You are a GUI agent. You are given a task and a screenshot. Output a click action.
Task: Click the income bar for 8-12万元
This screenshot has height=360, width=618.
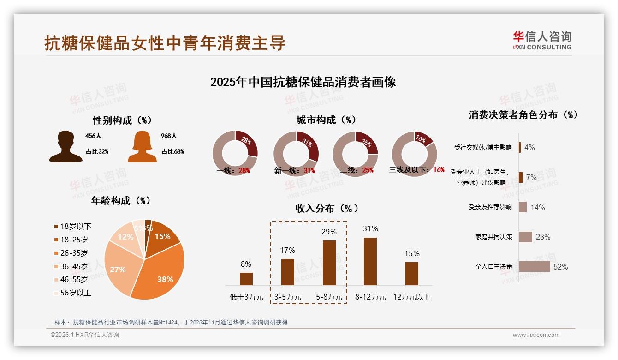pyautogui.click(x=370, y=261)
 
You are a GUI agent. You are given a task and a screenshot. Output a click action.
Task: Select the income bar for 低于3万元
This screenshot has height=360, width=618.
pyautogui.click(x=246, y=279)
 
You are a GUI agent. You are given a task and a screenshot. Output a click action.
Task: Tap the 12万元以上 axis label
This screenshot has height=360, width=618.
pyautogui.click(x=411, y=297)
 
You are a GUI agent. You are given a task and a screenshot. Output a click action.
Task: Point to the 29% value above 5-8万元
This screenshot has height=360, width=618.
pyautogui.click(x=329, y=232)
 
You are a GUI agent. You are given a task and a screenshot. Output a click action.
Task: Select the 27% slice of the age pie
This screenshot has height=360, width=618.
pyautogui.click(x=118, y=270)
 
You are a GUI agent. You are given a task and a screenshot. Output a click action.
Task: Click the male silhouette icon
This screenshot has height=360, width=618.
pyautogui.click(x=65, y=147)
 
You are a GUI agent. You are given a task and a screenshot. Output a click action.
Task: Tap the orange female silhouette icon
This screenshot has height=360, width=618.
pyautogui.click(x=142, y=147)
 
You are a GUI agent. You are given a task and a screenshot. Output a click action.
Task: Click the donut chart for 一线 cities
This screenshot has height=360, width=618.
pyautogui.click(x=235, y=153)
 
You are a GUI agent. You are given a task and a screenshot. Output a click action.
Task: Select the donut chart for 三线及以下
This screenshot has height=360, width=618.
pyautogui.click(x=414, y=153)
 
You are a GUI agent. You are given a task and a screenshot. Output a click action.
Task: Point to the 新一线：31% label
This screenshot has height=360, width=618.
pyautogui.click(x=294, y=171)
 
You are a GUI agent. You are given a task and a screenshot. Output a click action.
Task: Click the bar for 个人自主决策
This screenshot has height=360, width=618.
pyautogui.click(x=534, y=266)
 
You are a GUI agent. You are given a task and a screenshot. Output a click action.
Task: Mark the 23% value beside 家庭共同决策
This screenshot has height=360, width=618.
pyautogui.click(x=543, y=237)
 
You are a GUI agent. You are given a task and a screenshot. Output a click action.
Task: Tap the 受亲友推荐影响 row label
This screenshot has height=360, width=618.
pyautogui.click(x=490, y=207)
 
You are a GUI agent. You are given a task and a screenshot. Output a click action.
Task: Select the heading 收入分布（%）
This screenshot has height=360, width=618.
pyautogui.click(x=327, y=209)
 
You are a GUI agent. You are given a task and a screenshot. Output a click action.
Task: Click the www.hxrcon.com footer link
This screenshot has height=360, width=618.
pyautogui.click(x=536, y=335)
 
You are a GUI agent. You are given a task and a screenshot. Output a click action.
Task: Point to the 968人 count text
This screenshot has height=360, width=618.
pyautogui.click(x=169, y=136)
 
